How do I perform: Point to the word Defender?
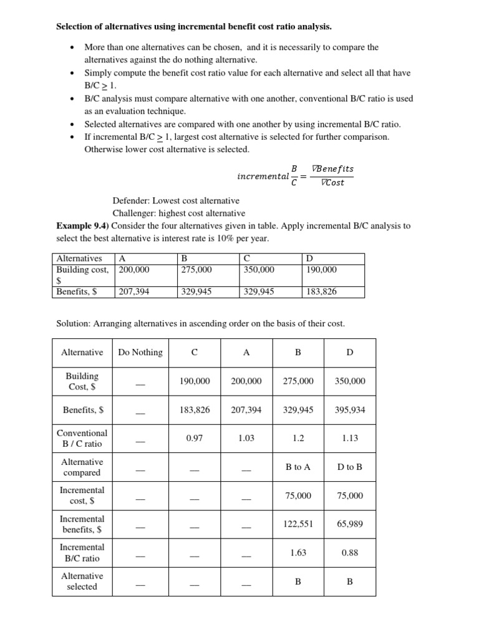[129, 201]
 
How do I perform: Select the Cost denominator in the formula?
[334, 182]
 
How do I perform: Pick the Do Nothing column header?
[140, 353]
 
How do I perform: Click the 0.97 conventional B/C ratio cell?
[195, 438]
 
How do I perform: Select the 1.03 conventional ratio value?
[246, 438]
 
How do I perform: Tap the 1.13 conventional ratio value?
[350, 438]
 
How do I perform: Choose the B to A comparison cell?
[298, 467]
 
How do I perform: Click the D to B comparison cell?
[350, 467]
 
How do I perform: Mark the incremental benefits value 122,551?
[298, 524]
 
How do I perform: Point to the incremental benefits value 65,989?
[350, 524]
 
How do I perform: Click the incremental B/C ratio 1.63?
[298, 553]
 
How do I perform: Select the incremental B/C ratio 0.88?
[350, 553]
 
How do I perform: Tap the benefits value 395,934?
[350, 410]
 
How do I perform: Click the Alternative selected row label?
[82, 581]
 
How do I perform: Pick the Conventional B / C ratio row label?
[82, 438]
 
